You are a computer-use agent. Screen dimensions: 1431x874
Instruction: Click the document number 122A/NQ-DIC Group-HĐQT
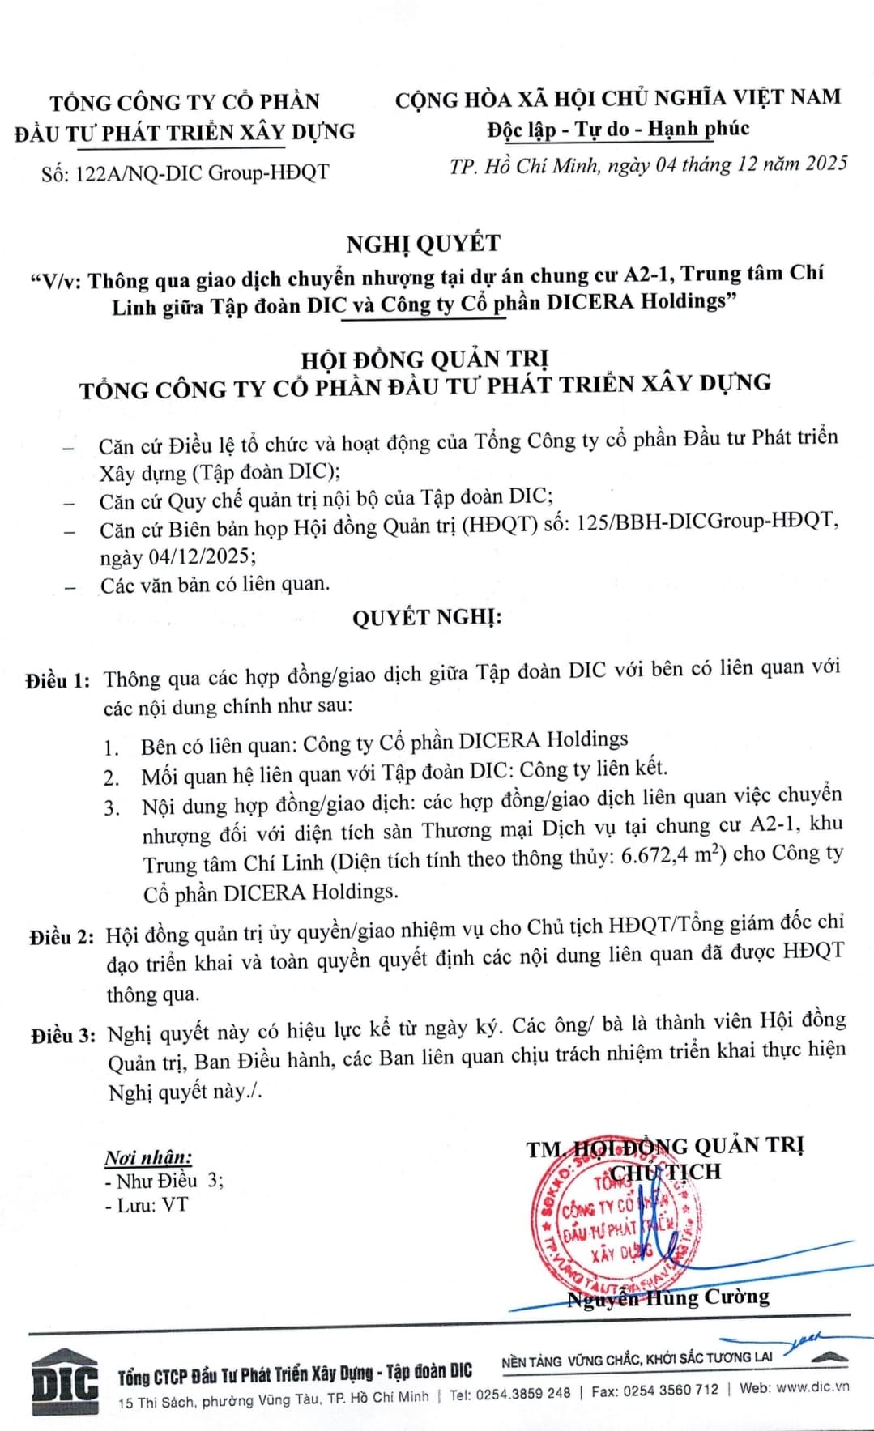(202, 172)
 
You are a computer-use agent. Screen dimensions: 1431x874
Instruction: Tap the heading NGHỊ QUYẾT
(424, 243)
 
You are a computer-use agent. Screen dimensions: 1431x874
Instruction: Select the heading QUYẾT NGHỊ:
(427, 618)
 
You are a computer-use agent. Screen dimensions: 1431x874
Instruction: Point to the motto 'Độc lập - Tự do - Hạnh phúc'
(618, 130)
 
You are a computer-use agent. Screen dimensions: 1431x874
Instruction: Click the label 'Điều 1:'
(58, 680)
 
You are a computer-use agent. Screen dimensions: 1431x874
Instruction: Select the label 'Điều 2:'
(62, 937)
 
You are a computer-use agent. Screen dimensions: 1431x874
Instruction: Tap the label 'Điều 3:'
(63, 1035)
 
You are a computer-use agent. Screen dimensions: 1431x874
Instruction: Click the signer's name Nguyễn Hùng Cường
(668, 1297)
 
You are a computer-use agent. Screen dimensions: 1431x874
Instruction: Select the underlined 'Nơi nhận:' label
(148, 1157)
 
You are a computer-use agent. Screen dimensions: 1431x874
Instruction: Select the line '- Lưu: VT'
(147, 1205)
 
